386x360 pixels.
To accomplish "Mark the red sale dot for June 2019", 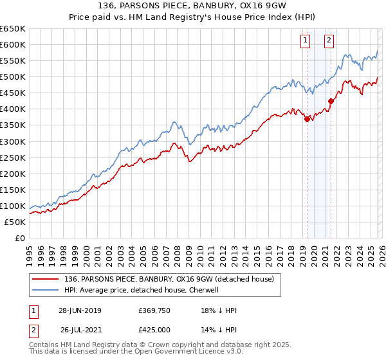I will pyautogui.click(x=307, y=118).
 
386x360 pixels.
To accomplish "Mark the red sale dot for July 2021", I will pyautogui.click(x=331, y=101).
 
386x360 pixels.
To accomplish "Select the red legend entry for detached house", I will pyautogui.click(x=169, y=279).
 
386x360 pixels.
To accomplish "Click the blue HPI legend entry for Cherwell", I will pyautogui.click(x=142, y=290).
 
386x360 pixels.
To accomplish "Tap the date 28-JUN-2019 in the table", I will pyautogui.click(x=80, y=310).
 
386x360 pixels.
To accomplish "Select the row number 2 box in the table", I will pyautogui.click(x=32, y=329).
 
